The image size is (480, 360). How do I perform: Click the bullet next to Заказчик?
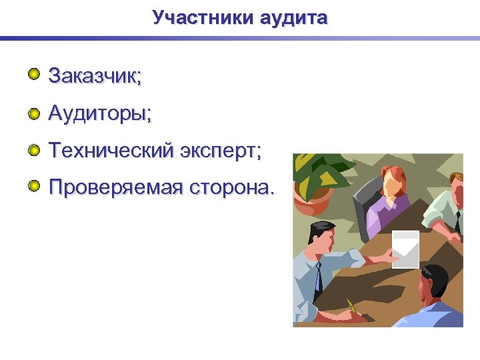[34, 73]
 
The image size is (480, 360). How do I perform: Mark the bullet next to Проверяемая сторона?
[34, 184]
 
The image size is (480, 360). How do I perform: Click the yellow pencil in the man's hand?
[352, 307]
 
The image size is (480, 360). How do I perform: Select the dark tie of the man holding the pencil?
[319, 277]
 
